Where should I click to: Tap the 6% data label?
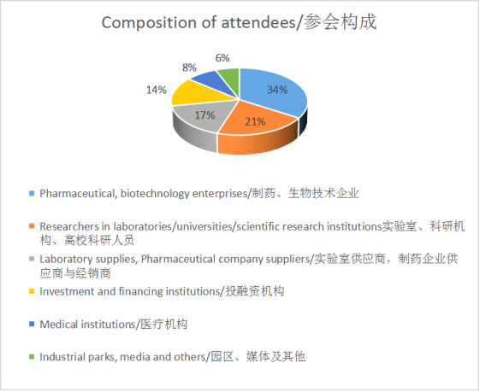point(222,58)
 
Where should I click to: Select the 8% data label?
point(189,67)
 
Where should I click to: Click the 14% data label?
point(157,90)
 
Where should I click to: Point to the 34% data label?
point(277,90)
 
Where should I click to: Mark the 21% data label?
point(255,121)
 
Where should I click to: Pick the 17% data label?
point(204,115)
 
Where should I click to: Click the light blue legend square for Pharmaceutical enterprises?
point(32,193)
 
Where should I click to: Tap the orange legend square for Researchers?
point(32,226)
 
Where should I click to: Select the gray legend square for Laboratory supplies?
point(32,259)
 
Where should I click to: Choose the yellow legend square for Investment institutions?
point(32,291)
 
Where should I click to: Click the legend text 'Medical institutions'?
point(87,325)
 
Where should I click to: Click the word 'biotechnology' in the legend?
point(155,194)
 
